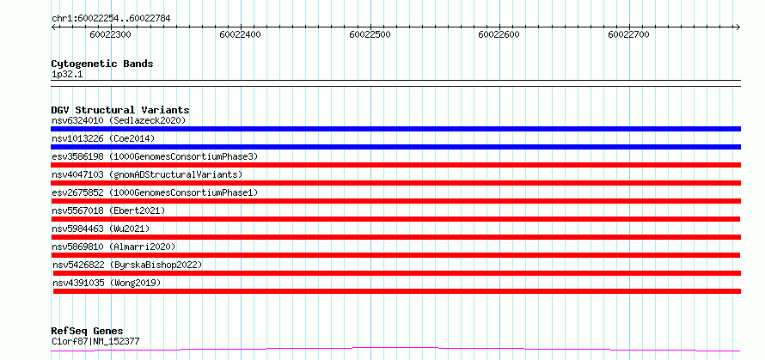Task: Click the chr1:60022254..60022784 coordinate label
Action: tap(111, 19)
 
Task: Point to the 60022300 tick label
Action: tap(111, 34)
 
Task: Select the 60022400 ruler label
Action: tap(240, 34)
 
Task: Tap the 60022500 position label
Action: tap(370, 34)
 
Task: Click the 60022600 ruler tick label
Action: tap(499, 34)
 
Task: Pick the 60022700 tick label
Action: tap(629, 34)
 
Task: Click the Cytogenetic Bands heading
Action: tap(102, 64)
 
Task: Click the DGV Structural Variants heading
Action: tap(120, 110)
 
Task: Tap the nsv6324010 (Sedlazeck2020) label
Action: tap(119, 120)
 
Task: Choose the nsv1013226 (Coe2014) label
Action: tap(103, 138)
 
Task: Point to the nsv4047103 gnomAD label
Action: tap(147, 174)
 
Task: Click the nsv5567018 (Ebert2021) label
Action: tap(108, 211)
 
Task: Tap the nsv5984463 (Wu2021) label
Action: tap(101, 229)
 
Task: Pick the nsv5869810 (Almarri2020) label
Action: tap(113, 247)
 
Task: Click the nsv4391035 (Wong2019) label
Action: tap(107, 283)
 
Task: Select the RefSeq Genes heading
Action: tap(88, 332)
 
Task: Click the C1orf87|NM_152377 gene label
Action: tap(95, 341)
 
